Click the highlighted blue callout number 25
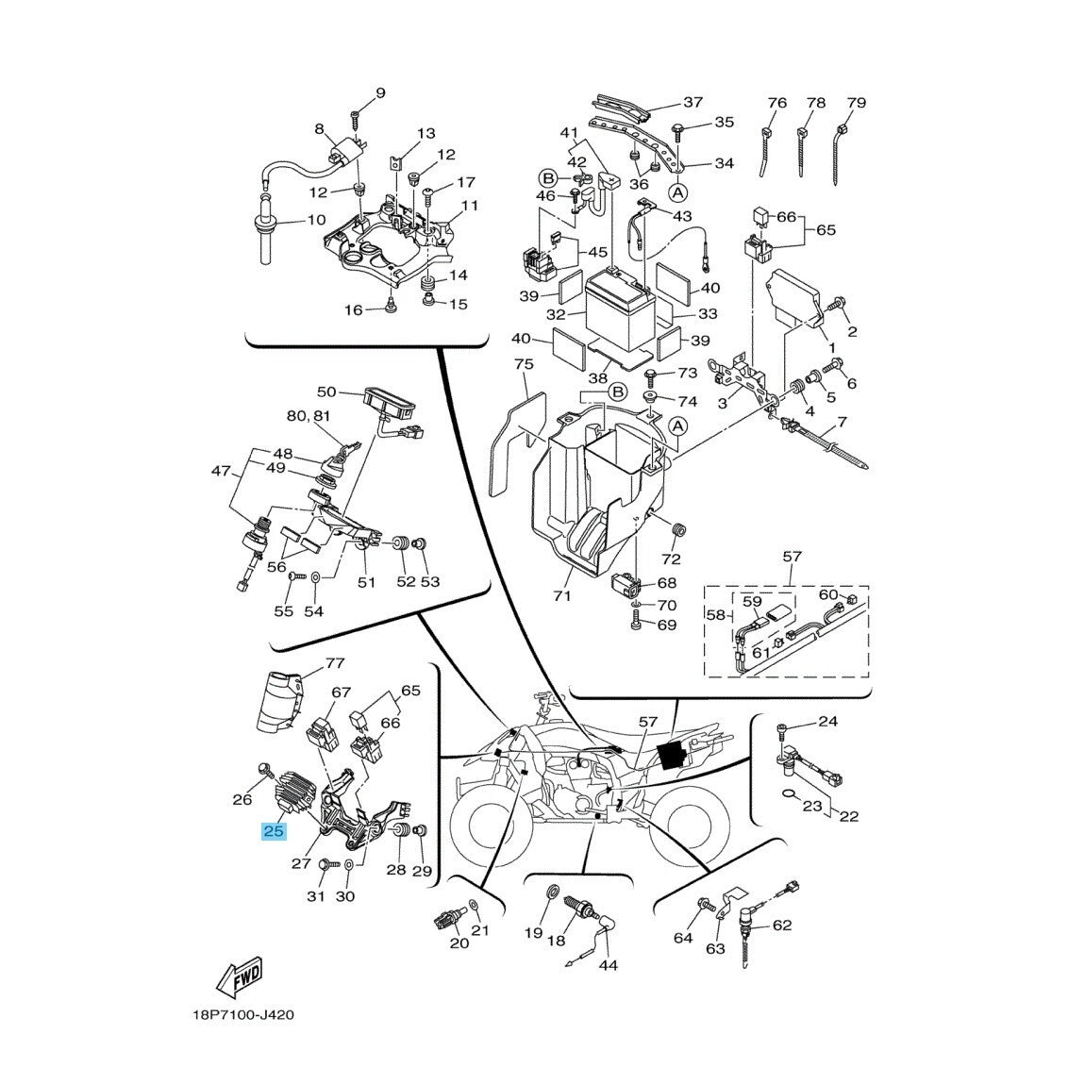point(275,831)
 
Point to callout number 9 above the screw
point(380,92)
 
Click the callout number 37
point(693,102)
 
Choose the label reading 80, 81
point(309,415)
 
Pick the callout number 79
point(856,102)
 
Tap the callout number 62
point(782,926)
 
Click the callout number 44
point(608,965)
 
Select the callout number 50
point(326,391)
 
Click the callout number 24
point(827,723)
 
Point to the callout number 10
point(289,220)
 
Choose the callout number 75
point(524,364)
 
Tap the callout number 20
point(459,943)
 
